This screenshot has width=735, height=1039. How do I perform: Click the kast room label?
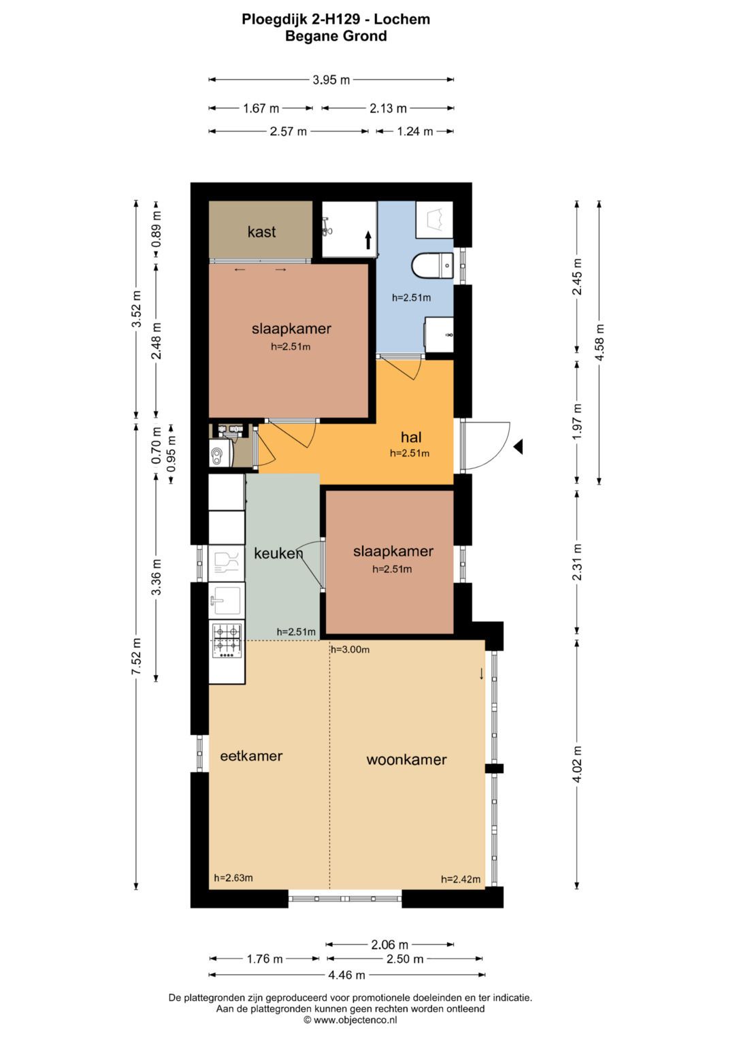(261, 231)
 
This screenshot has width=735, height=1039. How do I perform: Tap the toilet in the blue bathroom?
(432, 266)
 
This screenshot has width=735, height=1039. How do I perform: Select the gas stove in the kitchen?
(227, 640)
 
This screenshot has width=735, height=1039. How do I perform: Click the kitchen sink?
(227, 601)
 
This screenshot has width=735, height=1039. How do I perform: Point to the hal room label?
(410, 437)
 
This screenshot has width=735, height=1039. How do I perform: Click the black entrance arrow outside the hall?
(518, 446)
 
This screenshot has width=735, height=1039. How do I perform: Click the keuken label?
(278, 553)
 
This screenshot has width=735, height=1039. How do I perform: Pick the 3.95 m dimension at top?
(331, 80)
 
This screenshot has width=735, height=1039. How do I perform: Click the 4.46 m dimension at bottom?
(346, 975)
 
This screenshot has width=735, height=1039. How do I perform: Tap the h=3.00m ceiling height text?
(350, 650)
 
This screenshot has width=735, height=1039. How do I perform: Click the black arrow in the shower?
(368, 240)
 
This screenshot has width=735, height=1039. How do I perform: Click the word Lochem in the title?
(402, 20)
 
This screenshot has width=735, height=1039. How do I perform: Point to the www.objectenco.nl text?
(356, 1020)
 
